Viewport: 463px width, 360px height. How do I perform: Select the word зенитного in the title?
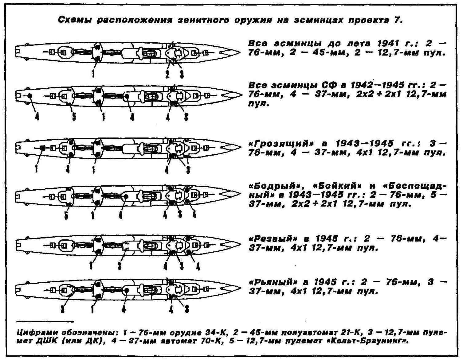[203, 20]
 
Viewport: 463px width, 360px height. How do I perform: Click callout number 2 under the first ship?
[167, 74]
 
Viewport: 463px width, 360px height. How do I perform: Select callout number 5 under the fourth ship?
[66, 215]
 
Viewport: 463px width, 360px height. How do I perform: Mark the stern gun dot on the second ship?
[30, 96]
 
